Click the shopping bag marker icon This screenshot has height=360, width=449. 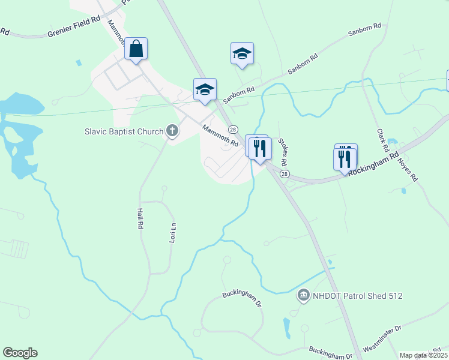pyautogui.click(x=136, y=49)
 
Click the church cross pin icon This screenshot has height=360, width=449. pyautogui.click(x=172, y=131)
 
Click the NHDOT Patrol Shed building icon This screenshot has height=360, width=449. pyautogui.click(x=304, y=295)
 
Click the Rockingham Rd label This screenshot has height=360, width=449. pyautogui.click(x=373, y=163)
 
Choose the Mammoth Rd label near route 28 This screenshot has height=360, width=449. pyautogui.click(x=220, y=136)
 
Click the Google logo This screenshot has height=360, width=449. pyautogui.click(x=20, y=353)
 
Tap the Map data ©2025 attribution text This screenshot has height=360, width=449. pyautogui.click(x=423, y=355)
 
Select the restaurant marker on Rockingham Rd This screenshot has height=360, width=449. pyautogui.click(x=345, y=157)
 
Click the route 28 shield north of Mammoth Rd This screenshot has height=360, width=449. pyautogui.click(x=233, y=130)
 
